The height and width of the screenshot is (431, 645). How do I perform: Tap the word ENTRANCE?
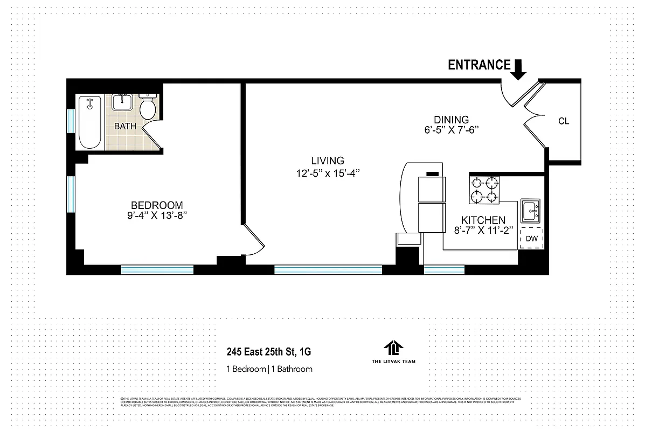(x=479, y=65)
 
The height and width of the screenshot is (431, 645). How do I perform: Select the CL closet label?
(x=564, y=121)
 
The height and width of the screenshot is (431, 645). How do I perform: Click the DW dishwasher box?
(x=531, y=238)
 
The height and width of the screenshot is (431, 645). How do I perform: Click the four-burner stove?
(x=484, y=190)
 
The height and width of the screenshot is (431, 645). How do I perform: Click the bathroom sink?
(x=123, y=102)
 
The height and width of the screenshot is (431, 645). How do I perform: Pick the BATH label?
(x=125, y=127)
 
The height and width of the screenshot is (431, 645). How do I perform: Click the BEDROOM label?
(x=157, y=205)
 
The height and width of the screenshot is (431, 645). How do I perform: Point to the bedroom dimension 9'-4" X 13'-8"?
(x=157, y=216)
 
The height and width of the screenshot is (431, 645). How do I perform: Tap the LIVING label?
(x=327, y=161)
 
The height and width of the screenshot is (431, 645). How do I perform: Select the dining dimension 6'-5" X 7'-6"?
(x=451, y=130)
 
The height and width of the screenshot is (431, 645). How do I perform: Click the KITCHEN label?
(x=483, y=220)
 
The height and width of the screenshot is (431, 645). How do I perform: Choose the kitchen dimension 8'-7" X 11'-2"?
(x=483, y=231)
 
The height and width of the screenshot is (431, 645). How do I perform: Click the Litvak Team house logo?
(x=394, y=348)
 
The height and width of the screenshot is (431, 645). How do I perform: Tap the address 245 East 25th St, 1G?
(x=268, y=353)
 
